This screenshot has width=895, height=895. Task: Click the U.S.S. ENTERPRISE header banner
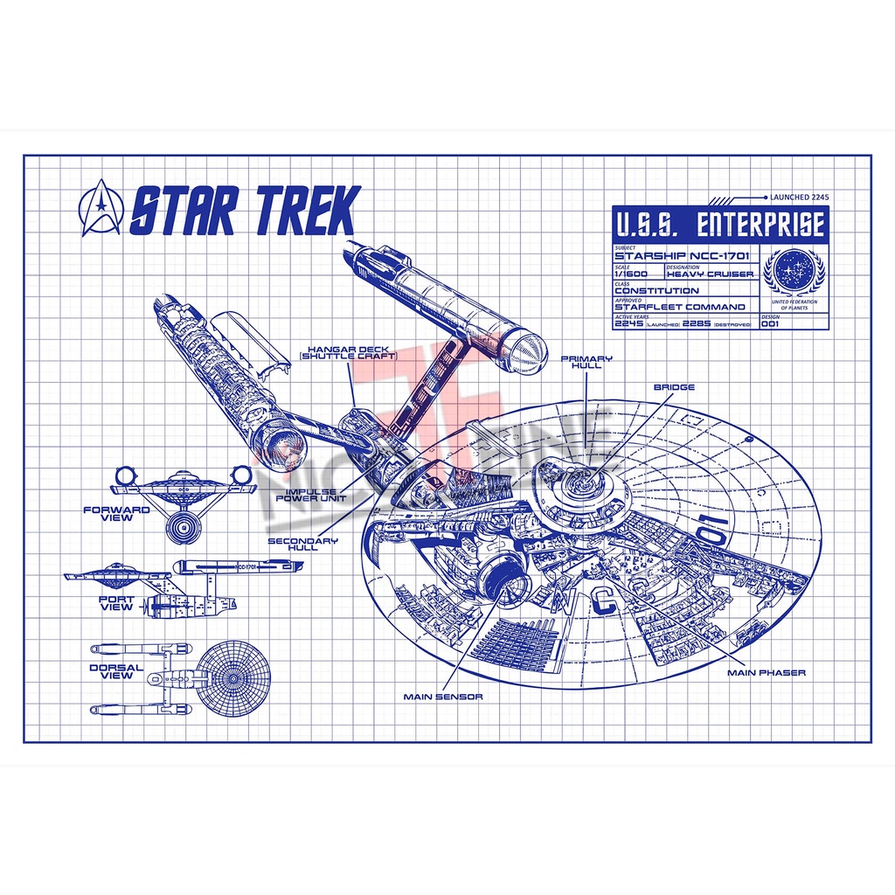pos(718,225)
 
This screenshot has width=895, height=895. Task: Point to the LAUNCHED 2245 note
pos(798,198)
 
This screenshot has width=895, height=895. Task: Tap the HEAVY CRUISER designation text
pos(709,274)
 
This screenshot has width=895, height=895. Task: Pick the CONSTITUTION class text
pos(656,290)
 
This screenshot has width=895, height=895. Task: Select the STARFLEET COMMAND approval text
pos(680,307)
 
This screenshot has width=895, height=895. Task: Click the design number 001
pos(769,323)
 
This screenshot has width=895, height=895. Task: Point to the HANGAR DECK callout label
pos(348,351)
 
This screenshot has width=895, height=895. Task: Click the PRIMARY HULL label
pos(586,363)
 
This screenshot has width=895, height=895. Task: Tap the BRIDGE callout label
pos(674,386)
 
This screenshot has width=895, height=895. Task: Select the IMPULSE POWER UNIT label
pos(311,496)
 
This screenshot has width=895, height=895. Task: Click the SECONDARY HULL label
pos(302,545)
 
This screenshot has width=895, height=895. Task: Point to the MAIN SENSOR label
pos(443,697)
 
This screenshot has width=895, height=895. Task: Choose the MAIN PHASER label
pos(767,672)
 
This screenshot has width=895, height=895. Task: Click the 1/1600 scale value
pos(631,274)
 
